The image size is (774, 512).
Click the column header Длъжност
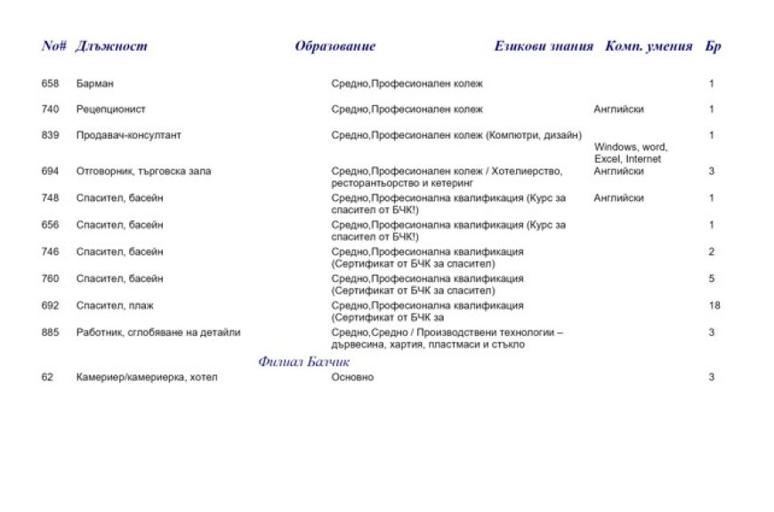pos(112,46)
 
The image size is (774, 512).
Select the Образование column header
pos(335,46)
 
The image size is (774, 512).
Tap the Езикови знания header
pos(544,46)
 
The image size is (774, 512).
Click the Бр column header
pos(713,46)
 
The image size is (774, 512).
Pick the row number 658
pos(50,84)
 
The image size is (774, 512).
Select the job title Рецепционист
pos(111,109)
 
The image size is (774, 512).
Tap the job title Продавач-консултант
pos(129,135)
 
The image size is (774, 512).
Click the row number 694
pos(50,171)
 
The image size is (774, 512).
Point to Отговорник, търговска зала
pos(144,171)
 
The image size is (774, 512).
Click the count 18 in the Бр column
pos(714,305)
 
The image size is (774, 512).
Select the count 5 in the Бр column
pos(712,278)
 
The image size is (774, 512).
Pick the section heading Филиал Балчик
pos(304,362)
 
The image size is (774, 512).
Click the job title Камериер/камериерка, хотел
pos(147,377)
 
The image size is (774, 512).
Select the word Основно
pos(352,377)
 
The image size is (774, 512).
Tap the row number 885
pos(50,332)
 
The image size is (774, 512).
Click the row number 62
pos(47,377)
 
